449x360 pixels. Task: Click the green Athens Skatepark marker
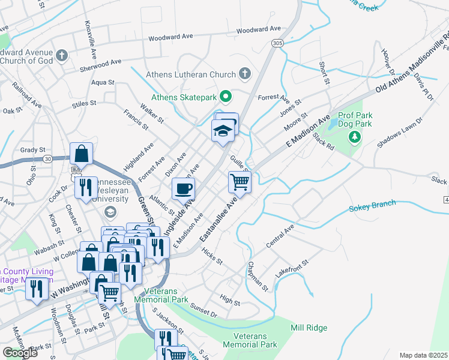[226, 96]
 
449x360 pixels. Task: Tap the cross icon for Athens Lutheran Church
[244, 74]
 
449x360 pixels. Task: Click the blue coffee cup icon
[184, 188]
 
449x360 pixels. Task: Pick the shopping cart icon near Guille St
[240, 181]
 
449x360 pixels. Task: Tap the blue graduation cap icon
[222, 130]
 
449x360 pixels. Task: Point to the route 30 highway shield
[47, 158]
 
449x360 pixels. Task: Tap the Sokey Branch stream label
[372, 206]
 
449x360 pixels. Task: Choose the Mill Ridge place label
[309, 328]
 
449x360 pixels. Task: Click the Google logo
[20, 353]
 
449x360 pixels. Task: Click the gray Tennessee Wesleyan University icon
[110, 211]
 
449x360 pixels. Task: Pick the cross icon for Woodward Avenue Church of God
[61, 56]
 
